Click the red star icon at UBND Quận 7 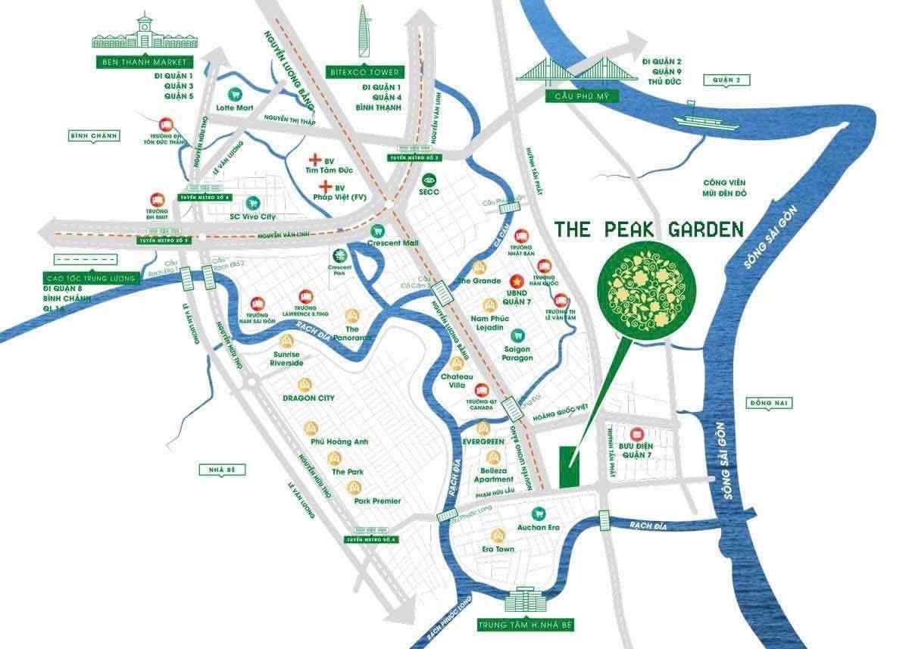tap(517, 279)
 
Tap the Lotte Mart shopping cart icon tap(235, 95)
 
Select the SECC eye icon tap(430, 180)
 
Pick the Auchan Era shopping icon tap(539, 512)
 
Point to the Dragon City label tap(308, 398)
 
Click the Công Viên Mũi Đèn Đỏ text tap(725, 188)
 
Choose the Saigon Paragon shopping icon tap(518, 334)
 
